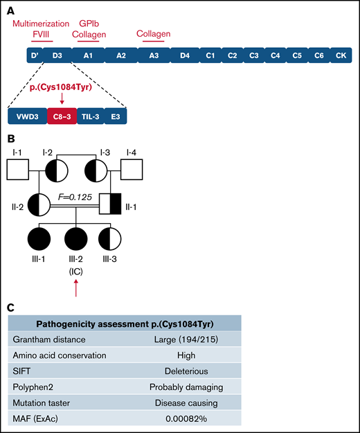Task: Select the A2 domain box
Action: [120, 55]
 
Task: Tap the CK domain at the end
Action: [340, 55]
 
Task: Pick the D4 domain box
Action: [185, 55]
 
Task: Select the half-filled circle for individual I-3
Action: [96, 170]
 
